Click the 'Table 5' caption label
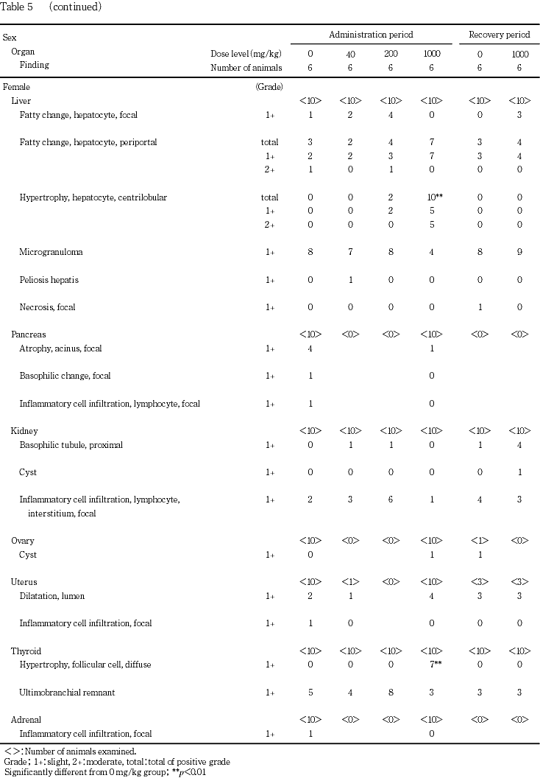tap(15, 7)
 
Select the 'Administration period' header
tap(370, 35)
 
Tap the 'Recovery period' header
tap(499, 35)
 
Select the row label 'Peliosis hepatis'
tap(49, 280)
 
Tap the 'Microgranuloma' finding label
tap(51, 252)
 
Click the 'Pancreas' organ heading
tap(28, 334)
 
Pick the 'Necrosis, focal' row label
tap(47, 307)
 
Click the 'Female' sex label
tap(17, 87)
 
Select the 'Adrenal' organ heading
tap(26, 719)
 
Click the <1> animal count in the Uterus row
tap(350, 582)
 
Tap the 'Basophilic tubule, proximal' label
tap(71, 445)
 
